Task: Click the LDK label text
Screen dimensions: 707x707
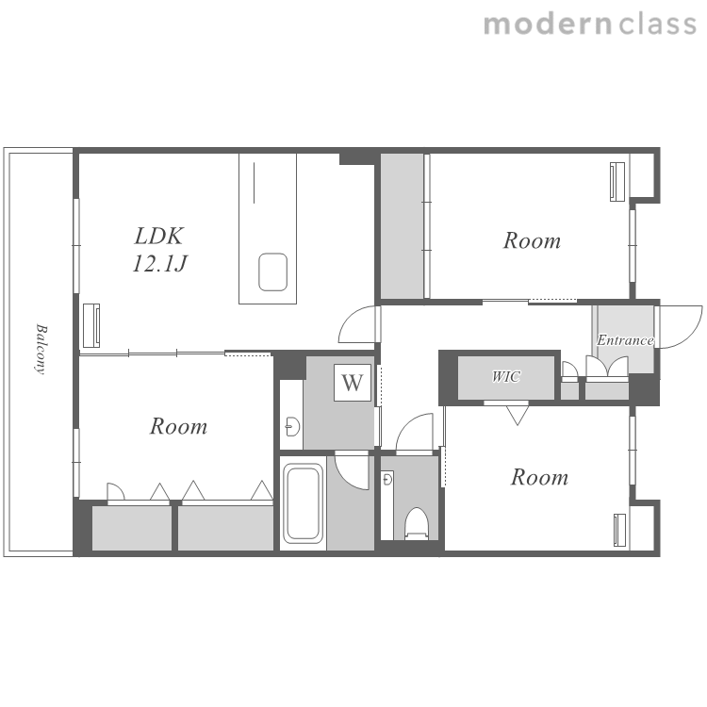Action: point(159,237)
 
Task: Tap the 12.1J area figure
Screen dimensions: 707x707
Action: point(159,263)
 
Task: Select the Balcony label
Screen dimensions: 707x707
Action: point(41,349)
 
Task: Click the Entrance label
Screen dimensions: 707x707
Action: point(625,340)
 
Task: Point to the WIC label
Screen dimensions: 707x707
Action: point(506,376)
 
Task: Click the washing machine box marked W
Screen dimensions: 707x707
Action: point(353,383)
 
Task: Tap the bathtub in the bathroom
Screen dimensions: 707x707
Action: point(303,502)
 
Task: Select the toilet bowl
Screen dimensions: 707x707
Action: point(416,523)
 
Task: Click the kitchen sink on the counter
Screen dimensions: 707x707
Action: point(272,271)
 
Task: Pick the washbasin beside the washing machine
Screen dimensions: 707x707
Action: point(293,426)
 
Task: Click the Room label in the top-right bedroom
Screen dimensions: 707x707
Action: point(532,240)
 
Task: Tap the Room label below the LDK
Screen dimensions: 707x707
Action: point(178,426)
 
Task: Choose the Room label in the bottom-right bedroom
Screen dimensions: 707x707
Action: point(539,478)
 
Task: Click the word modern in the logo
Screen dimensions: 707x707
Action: point(548,25)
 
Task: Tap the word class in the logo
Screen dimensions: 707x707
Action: point(658,24)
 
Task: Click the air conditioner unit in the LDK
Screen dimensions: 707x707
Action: point(91,325)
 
